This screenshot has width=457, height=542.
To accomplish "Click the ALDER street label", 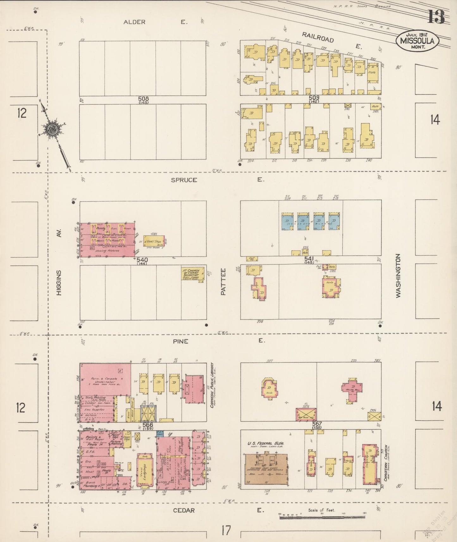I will coord(134,22).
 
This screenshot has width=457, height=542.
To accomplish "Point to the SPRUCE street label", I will coord(184,180).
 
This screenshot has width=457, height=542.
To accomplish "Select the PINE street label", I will coord(181,341).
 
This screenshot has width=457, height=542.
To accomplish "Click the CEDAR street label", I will coord(184,510).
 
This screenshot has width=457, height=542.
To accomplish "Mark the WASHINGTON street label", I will coord(398,275).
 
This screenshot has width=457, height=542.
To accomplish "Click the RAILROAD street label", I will coord(318,37).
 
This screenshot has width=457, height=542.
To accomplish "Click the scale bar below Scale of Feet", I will coord(322,517).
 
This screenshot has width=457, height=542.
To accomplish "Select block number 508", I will coord(143,99).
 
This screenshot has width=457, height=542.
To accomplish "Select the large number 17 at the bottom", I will coord(226,530).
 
